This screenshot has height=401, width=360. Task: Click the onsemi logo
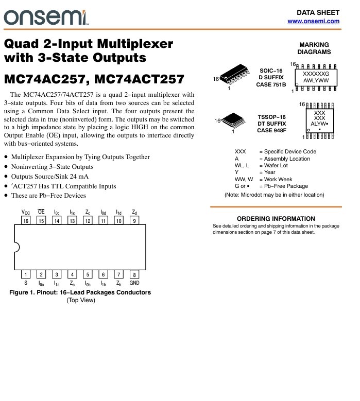(46, 18)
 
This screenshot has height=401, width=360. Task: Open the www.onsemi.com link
(313, 21)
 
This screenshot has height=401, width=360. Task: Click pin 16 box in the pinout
(26, 221)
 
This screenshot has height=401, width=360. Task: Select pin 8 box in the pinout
(134, 275)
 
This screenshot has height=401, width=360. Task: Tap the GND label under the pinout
(134, 283)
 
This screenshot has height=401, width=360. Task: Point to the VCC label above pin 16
(26, 212)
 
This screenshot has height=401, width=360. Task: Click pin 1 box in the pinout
(26, 275)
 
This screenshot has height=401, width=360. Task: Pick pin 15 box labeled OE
(41, 221)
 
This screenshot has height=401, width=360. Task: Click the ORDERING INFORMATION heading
(276, 219)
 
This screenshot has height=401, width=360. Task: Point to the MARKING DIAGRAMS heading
(314, 48)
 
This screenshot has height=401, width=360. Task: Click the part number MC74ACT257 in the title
(139, 80)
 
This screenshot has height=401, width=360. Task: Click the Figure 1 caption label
(80, 292)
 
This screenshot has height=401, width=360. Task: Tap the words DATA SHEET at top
(318, 12)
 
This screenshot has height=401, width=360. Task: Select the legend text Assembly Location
(287, 159)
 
